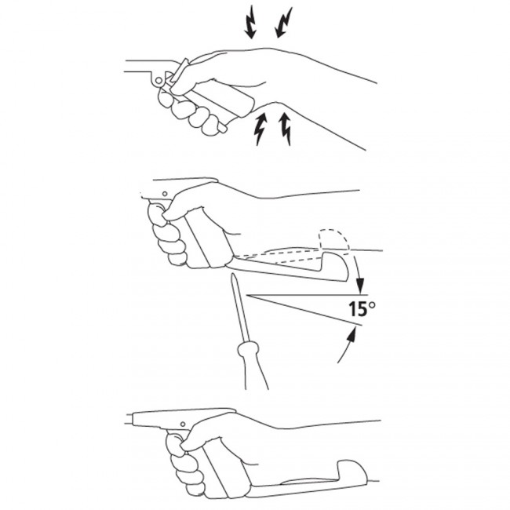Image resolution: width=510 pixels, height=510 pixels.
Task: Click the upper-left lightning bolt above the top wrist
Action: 250,22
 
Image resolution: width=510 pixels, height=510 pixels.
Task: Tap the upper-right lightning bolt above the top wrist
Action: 283,22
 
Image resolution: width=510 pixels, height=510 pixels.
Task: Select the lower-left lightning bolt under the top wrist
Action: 260,129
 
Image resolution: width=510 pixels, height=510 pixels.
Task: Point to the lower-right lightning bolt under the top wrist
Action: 286,129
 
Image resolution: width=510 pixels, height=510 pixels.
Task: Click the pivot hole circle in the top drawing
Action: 158,80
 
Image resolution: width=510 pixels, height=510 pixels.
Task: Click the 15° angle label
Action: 362,308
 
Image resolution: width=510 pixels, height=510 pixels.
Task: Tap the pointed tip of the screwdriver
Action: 233,274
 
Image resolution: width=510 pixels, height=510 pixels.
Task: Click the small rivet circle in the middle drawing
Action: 165,194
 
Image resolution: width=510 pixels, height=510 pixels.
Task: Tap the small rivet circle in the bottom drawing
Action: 183,424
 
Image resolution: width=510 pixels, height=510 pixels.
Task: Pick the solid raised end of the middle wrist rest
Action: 336,265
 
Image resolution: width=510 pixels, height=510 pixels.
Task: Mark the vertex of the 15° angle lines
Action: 246,295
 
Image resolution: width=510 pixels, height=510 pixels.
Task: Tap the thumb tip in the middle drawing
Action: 166,216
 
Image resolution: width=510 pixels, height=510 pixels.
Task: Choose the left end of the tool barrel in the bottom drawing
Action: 127,419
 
